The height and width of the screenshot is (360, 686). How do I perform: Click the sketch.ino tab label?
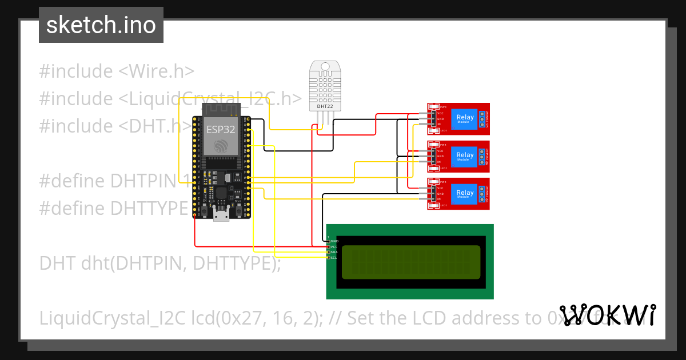click(x=101, y=25)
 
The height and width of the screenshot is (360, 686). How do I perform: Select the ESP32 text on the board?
click(x=221, y=129)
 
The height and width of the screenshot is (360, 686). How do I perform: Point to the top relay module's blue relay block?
click(x=465, y=119)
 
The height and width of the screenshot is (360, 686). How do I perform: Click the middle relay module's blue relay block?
click(x=465, y=156)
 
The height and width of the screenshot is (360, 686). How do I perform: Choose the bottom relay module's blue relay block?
click(x=465, y=194)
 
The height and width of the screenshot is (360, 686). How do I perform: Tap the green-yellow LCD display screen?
click(x=410, y=262)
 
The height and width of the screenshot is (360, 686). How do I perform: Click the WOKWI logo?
click(x=607, y=315)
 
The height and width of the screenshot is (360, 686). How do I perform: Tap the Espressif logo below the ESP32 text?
click(x=221, y=147)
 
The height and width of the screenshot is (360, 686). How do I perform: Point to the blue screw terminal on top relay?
click(x=482, y=119)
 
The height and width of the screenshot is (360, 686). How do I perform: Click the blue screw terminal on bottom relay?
click(x=482, y=194)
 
